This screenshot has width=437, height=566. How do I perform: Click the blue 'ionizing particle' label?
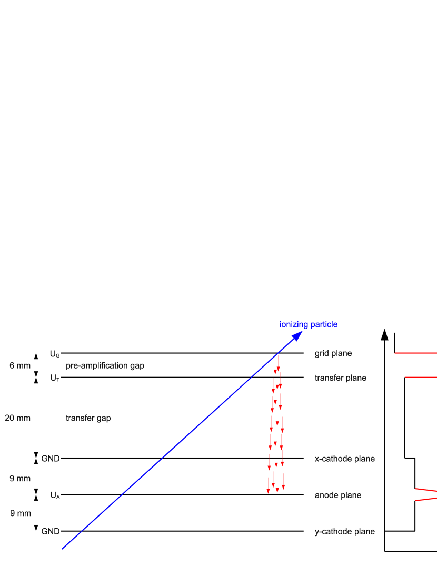[309, 324]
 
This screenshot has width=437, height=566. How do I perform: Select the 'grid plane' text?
[333, 353]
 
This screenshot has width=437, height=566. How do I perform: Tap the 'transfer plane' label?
[341, 378]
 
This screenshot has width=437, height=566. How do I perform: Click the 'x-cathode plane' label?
[345, 459]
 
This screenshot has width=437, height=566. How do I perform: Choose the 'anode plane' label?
[338, 495]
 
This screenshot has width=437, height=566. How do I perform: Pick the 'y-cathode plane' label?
[345, 531]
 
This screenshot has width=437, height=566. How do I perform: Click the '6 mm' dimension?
[20, 365]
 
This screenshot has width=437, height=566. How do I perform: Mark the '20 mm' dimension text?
[18, 418]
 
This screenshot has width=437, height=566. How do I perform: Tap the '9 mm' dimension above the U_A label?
[20, 479]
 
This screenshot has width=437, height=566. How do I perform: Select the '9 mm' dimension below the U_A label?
[20, 513]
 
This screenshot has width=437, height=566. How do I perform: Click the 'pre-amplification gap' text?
[105, 365]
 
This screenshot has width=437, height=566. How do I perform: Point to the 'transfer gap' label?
[88, 418]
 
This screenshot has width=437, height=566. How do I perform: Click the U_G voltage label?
[55, 354]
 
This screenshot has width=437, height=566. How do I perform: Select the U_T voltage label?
[55, 378]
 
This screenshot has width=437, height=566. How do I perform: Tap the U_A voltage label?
[55, 495]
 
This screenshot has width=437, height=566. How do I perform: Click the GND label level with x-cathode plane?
[51, 459]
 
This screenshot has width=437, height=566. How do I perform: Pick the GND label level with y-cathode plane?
[51, 531]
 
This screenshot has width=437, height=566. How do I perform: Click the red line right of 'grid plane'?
[416, 353]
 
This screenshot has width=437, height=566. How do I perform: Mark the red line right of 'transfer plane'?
[421, 377]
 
